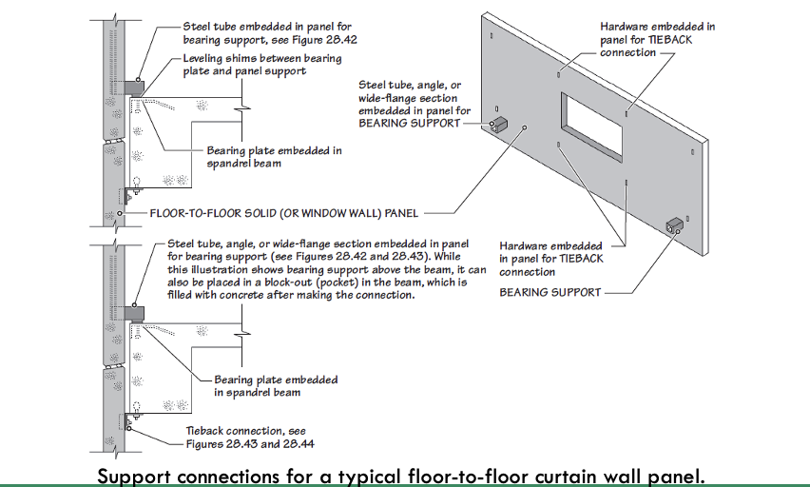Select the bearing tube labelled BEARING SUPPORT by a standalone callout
(676, 225)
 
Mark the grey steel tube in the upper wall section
(132, 87)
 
